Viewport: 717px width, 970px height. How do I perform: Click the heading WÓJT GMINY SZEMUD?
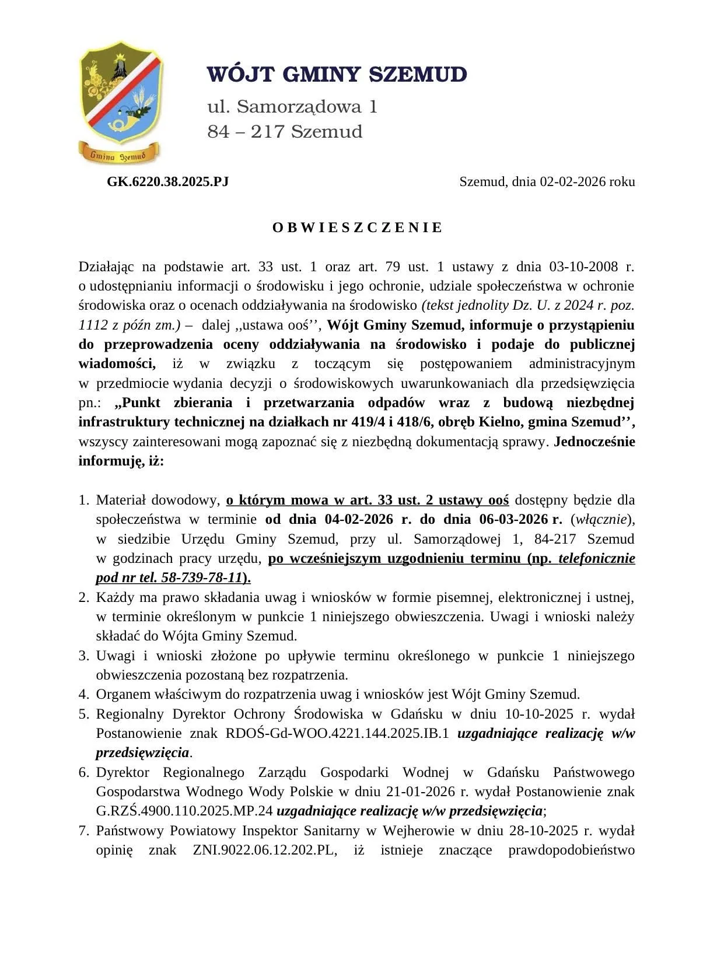[x=337, y=75]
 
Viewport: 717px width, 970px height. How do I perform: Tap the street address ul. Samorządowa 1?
[x=292, y=107]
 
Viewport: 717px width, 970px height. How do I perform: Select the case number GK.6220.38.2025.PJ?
[x=167, y=181]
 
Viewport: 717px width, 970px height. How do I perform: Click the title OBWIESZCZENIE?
[x=358, y=227]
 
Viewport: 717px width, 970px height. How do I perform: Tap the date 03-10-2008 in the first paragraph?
[x=583, y=267]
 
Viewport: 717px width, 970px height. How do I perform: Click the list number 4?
[x=83, y=694]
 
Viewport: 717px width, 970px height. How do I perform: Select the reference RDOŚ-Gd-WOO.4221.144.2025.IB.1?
[x=337, y=733]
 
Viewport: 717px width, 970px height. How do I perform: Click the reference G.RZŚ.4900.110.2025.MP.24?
[x=184, y=811]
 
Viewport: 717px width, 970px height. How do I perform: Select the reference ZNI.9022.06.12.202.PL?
[x=265, y=850]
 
